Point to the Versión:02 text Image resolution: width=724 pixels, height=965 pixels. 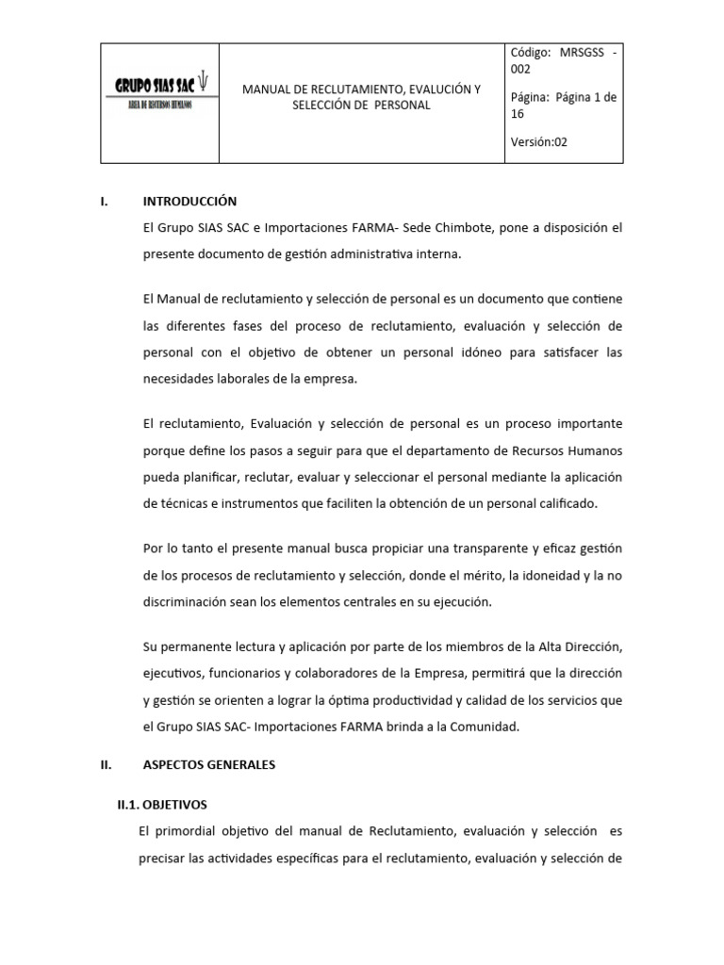point(539,141)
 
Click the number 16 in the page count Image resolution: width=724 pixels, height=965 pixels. point(518,113)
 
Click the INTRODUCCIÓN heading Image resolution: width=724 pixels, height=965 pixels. point(189,202)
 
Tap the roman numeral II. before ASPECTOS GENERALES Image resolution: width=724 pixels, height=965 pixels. point(107,765)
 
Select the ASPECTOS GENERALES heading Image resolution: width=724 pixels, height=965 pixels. point(209,765)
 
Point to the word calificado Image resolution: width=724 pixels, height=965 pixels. point(564,504)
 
